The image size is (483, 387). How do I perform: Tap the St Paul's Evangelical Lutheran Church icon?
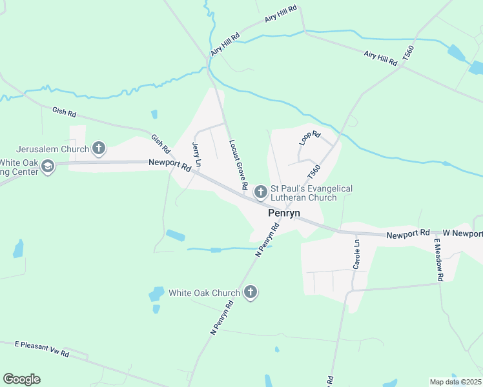coord(260,192)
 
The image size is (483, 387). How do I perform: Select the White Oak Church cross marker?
coord(251,293)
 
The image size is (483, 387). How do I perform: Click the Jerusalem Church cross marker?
coord(98,149)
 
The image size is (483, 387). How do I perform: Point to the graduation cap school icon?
coord(48,167)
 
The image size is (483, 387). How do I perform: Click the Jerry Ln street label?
coord(196,155)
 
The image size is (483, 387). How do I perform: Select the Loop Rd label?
coord(310,138)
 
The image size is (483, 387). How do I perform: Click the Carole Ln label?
coord(356,254)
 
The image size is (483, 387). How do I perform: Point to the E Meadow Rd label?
coord(438,259)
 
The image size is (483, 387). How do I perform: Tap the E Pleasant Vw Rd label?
coord(41,348)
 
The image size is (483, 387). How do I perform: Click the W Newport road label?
coord(462,232)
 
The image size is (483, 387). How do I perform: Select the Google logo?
coord(21,379)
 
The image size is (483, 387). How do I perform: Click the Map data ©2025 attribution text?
coord(455,382)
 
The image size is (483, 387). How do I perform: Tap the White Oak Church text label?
coord(204,293)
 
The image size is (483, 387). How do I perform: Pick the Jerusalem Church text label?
coord(52,149)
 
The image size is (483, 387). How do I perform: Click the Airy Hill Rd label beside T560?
coord(380,58)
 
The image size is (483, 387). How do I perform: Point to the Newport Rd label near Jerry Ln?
coord(169,164)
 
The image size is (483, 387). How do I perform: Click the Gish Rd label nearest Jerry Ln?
coord(160,144)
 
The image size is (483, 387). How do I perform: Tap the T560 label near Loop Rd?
coord(314,172)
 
